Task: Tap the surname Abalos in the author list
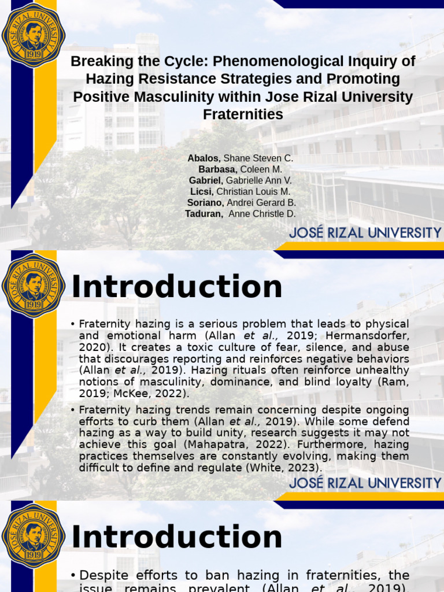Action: (x=204, y=158)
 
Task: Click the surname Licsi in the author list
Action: (x=202, y=191)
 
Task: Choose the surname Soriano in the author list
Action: (x=205, y=203)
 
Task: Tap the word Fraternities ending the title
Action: (x=243, y=114)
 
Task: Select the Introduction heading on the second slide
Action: (x=176, y=287)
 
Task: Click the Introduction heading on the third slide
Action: (x=176, y=538)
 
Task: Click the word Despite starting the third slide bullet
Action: (x=102, y=575)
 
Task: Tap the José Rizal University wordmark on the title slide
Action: (x=365, y=234)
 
